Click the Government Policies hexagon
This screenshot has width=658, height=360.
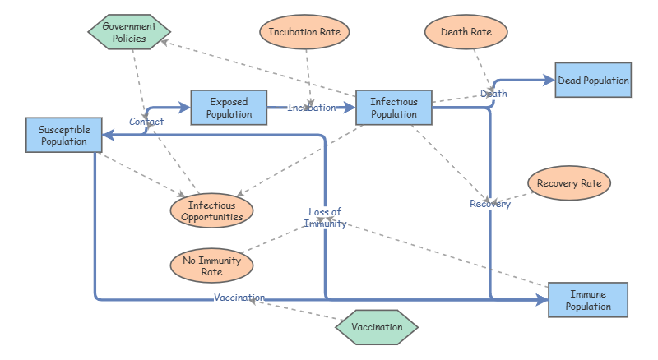point(129,32)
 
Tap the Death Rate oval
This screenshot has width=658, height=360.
point(466,33)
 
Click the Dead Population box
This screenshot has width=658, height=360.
point(593,81)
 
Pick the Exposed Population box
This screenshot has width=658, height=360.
point(229,108)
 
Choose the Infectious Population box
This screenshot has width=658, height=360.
point(394,108)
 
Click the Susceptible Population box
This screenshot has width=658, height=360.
point(64,135)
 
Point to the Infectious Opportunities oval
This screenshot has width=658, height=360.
point(211,211)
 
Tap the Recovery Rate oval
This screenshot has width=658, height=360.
point(569,183)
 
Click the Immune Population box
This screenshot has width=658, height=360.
point(588,300)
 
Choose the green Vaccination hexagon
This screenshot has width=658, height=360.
point(377,327)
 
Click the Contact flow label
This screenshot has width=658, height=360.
point(146,122)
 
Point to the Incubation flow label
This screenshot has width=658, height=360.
point(312,108)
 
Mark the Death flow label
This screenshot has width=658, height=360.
point(493,94)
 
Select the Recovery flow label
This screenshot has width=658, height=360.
point(490,204)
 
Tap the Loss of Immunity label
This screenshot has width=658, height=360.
point(325,218)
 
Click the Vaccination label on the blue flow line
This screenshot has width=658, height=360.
point(239,298)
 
